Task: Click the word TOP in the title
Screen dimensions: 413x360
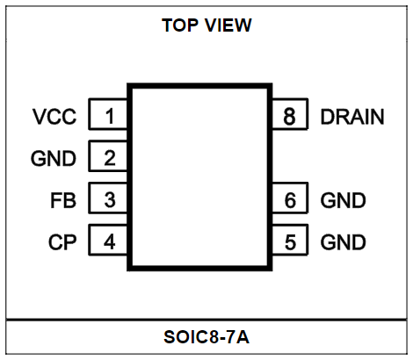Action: tap(180, 25)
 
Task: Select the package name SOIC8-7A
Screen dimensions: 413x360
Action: tap(206, 337)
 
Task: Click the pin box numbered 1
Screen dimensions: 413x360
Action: tap(108, 114)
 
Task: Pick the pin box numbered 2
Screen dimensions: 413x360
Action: tap(108, 156)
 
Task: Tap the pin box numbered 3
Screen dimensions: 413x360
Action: tap(108, 198)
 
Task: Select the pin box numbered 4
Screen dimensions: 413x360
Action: tap(108, 240)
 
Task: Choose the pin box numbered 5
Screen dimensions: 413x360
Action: tap(290, 240)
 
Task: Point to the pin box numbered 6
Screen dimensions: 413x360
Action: tap(290, 198)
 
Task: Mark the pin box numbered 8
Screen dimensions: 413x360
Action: tap(290, 114)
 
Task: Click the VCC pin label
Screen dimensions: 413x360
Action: tap(54, 117)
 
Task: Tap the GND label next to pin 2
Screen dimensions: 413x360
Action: tap(54, 159)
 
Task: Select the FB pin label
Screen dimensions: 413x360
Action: tap(63, 200)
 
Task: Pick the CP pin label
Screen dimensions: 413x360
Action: tap(62, 242)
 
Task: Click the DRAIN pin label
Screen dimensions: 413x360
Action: tap(352, 117)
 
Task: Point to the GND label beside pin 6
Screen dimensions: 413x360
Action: tap(343, 200)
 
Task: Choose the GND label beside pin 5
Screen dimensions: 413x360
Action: tap(343, 242)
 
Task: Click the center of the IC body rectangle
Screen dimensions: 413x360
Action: tap(199, 176)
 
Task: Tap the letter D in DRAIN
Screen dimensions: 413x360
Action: tap(327, 117)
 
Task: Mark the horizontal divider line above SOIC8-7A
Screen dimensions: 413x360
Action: tap(206, 320)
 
